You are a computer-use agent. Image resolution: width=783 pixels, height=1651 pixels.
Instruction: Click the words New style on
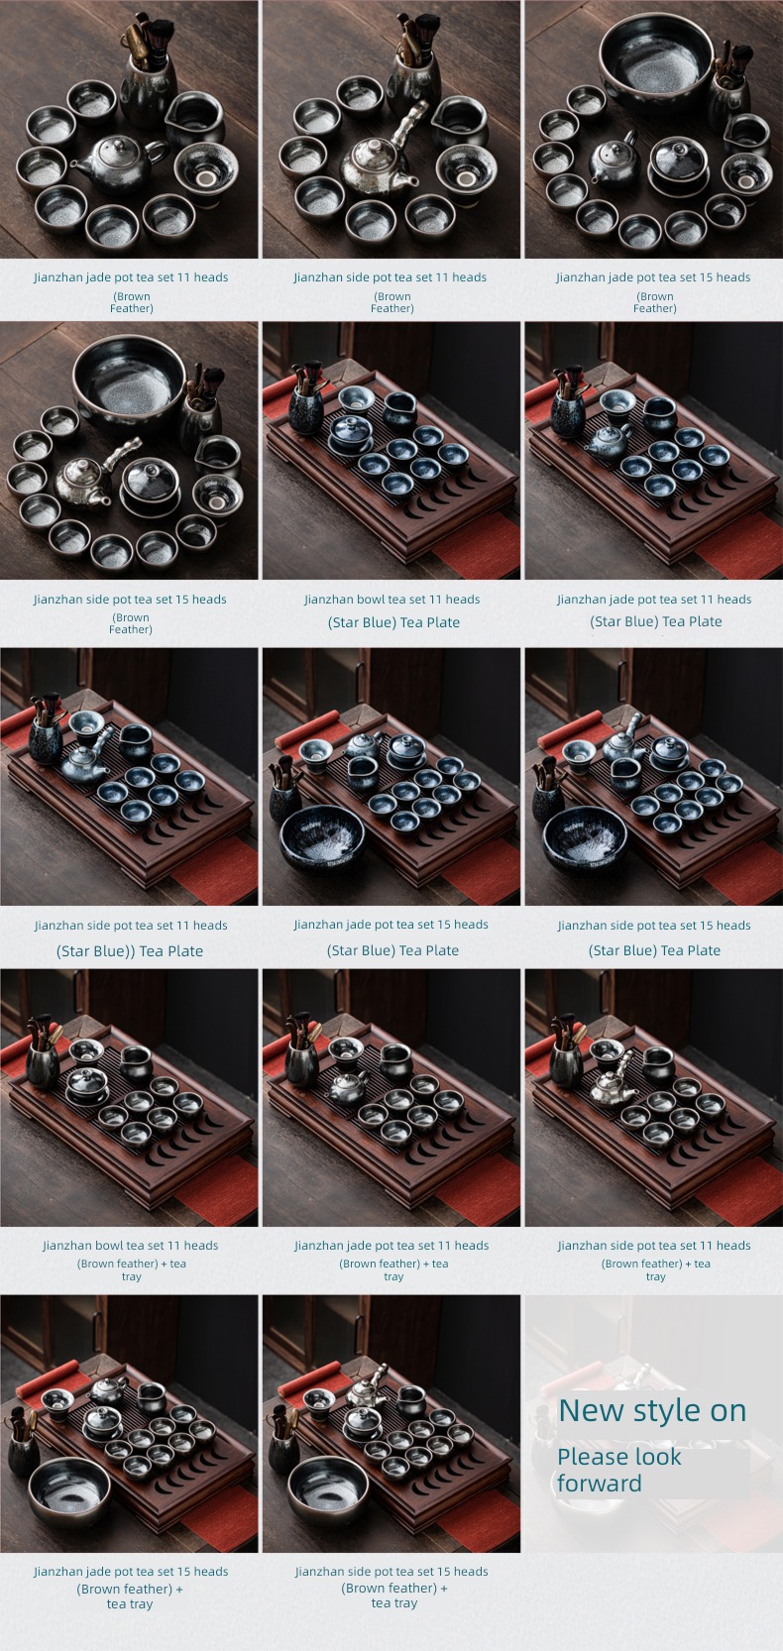tap(652, 1411)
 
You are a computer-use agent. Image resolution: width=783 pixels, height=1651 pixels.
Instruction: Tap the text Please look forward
tap(619, 1470)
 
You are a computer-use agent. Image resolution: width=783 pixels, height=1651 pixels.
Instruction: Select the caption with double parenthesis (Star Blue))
tap(130, 950)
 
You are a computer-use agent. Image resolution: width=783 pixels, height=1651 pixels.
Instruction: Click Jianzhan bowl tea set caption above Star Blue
tap(392, 600)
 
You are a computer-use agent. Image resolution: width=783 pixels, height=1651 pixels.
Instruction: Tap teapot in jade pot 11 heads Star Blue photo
tap(609, 442)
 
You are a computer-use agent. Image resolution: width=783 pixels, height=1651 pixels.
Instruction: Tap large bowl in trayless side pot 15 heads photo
tap(130, 383)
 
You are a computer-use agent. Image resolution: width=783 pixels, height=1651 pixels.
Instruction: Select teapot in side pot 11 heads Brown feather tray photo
tap(612, 1083)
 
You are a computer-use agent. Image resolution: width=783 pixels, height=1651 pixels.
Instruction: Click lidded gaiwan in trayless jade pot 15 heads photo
tap(678, 166)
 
